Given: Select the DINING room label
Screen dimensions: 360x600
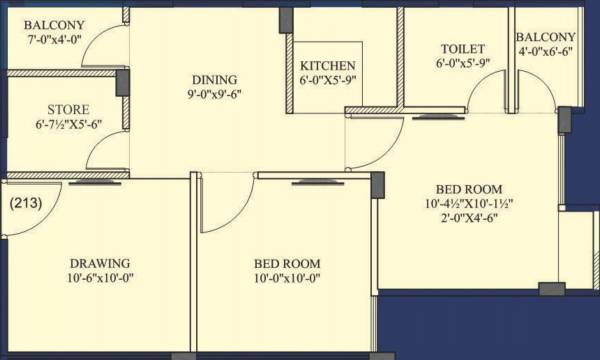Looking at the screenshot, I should (216, 80).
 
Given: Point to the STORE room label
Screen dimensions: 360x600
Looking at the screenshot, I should (68, 109).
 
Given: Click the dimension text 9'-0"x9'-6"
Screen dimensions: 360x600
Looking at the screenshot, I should (216, 95).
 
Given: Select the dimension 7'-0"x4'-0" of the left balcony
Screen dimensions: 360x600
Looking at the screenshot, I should (53, 40).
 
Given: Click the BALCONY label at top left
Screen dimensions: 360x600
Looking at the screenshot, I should (53, 25).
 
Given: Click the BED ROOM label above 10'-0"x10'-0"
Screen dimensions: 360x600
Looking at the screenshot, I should (287, 264).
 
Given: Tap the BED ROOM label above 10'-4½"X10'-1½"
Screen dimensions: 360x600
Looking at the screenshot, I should (468, 189).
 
